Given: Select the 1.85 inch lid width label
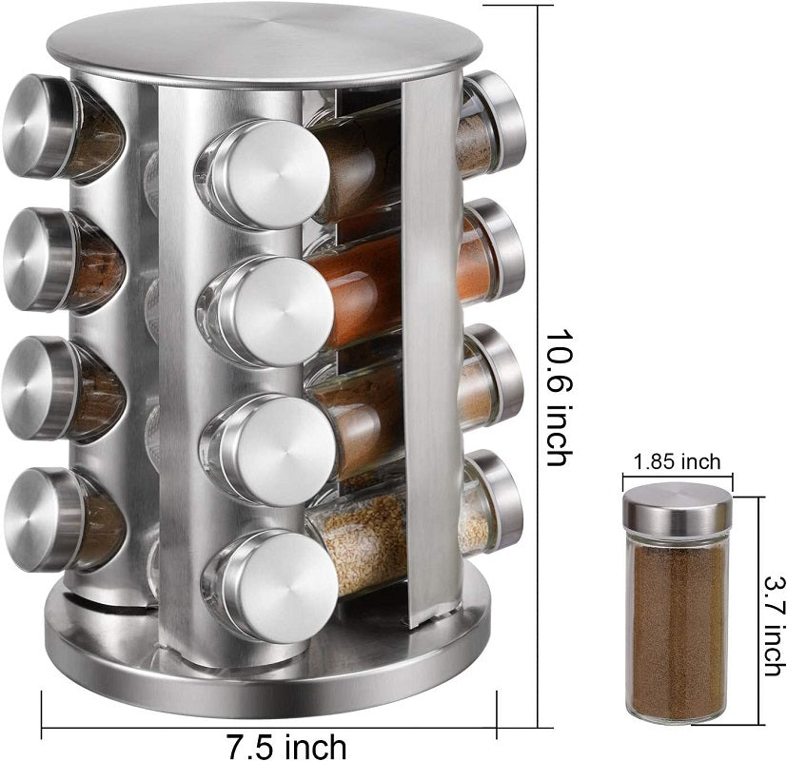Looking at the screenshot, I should pyautogui.click(x=677, y=463).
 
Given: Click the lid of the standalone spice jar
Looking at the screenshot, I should pyautogui.click(x=677, y=505).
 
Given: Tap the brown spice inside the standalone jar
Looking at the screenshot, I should pyautogui.click(x=677, y=628).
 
